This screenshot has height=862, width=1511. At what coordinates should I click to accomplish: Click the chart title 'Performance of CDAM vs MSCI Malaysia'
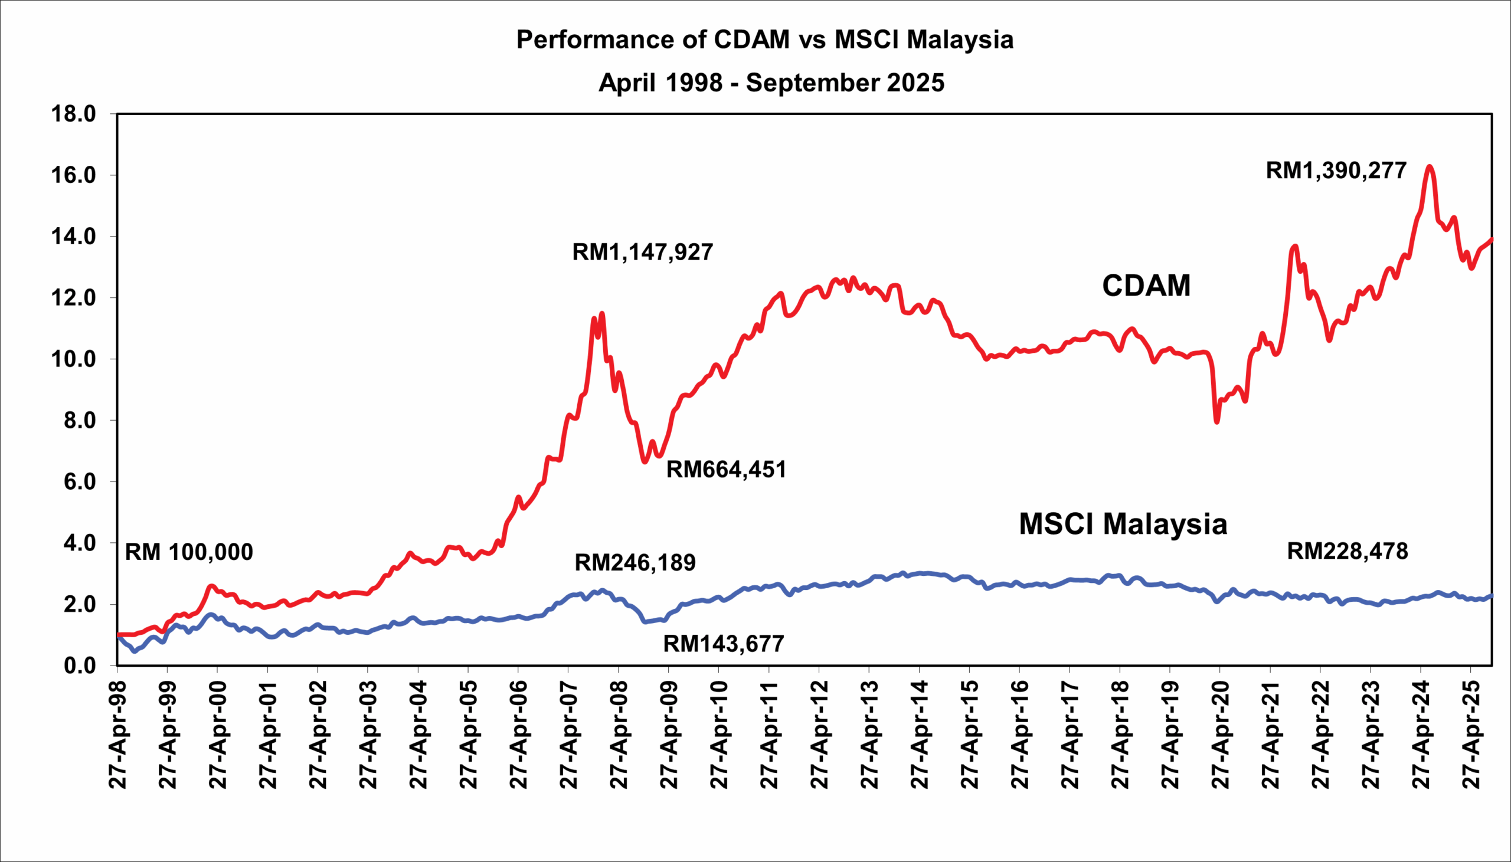coord(765,40)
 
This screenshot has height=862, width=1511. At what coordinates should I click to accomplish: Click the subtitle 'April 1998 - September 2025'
coord(771,82)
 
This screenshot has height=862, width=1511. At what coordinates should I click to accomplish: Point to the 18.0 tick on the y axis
coord(74,114)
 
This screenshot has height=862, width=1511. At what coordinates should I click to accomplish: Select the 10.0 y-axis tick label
coord(74,359)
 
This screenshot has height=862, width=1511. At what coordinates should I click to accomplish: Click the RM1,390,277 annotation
coord(1336,171)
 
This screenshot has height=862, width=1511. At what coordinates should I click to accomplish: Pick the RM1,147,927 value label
coord(642,252)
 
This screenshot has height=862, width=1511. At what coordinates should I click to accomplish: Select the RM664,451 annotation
coord(727,470)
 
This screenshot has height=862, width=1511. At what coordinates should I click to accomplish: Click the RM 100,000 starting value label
coord(189,552)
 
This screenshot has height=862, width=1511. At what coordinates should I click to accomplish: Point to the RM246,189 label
coord(635,562)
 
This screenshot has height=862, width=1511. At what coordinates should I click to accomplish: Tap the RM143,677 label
coord(724,644)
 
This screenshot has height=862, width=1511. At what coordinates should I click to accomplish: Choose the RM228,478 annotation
coord(1348,551)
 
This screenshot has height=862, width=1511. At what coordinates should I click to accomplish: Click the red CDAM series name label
coord(1146,286)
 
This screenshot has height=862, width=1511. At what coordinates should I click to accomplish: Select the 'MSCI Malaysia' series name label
coord(1123,524)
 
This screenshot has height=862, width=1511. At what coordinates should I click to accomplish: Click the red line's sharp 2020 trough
coord(1217,421)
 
